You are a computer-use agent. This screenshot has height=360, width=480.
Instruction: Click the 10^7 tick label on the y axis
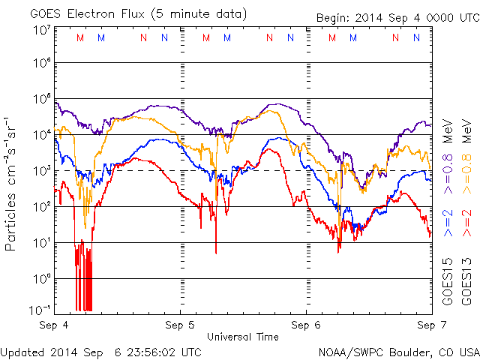tap(42, 29)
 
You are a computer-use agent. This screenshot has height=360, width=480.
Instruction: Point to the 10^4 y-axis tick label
tap(42, 134)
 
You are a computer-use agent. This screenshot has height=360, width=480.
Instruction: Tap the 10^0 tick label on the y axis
tap(42, 278)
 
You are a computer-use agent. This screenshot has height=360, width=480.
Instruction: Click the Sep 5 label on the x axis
tap(181, 325)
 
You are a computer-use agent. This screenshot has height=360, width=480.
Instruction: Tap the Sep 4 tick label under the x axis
tap(55, 325)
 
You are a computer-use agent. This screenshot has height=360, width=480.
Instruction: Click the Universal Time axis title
tap(243, 337)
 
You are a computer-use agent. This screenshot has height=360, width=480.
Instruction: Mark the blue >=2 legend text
tap(447, 223)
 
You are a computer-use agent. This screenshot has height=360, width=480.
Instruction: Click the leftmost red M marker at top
tap(80, 37)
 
